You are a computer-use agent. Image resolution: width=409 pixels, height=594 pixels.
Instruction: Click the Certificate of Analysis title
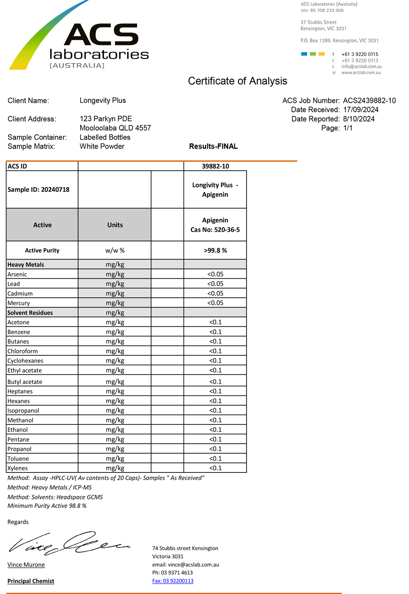(x=237, y=81)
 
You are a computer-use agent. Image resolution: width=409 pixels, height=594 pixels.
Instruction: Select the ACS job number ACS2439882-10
(x=369, y=101)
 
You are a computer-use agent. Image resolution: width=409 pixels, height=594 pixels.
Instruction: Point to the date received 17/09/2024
(x=361, y=110)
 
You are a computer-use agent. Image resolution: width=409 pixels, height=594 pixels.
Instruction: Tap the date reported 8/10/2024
(x=359, y=119)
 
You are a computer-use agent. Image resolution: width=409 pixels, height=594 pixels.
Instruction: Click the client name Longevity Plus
(x=103, y=101)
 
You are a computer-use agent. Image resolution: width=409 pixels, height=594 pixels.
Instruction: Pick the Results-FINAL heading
(x=213, y=147)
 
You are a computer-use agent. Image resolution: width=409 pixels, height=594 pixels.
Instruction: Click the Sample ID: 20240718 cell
(x=38, y=190)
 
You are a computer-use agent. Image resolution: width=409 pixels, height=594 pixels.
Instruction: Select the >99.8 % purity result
(x=215, y=251)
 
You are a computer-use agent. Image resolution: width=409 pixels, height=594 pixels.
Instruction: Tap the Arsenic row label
(x=17, y=274)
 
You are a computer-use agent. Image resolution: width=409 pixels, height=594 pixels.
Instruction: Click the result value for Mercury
(x=215, y=303)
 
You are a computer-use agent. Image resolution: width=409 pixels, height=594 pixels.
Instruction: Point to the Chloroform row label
(x=22, y=351)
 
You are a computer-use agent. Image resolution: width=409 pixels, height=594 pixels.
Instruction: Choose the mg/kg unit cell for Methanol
(x=115, y=420)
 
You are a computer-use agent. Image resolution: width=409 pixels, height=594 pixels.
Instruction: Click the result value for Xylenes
(x=215, y=468)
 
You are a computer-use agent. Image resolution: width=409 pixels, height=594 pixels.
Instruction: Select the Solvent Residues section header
(x=30, y=313)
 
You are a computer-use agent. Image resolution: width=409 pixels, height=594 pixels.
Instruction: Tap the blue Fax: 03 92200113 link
(x=173, y=581)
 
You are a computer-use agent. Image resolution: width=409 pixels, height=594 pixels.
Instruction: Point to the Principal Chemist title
(x=31, y=581)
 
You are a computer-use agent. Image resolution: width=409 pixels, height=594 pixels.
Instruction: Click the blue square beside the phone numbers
(x=304, y=54)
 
